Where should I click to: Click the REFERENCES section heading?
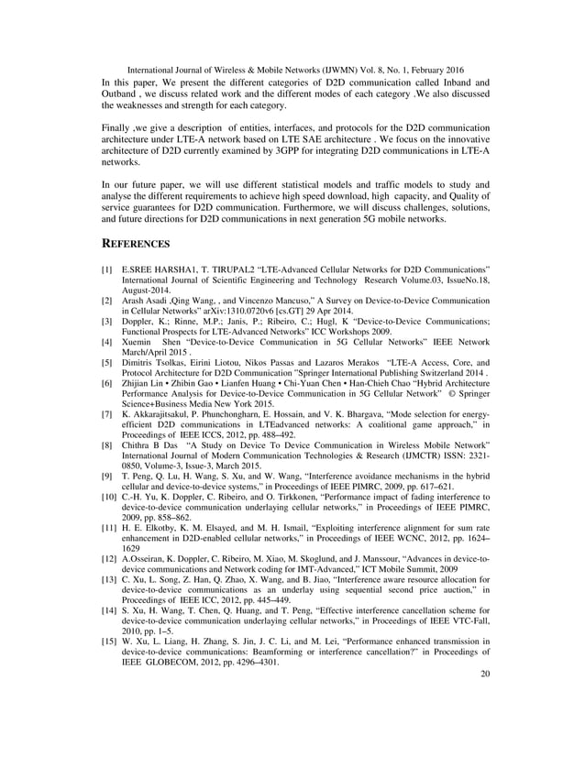135,245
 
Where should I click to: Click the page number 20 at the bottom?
485,724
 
